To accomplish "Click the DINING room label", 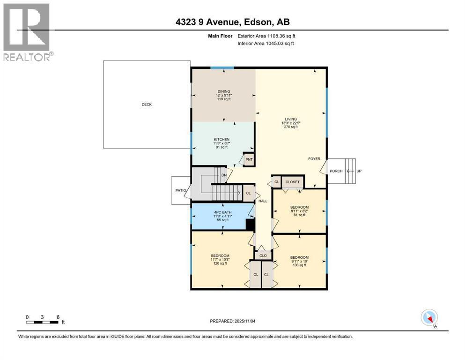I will [x=223, y=92].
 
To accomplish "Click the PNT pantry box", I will [x=249, y=159].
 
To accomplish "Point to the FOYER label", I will [x=314, y=159].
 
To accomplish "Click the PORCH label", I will [x=336, y=171].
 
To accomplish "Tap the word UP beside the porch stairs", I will [x=359, y=171].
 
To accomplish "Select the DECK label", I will [x=147, y=105].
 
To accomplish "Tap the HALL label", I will [x=263, y=201].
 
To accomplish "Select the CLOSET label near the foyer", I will [x=292, y=182].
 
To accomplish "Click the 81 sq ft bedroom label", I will [x=299, y=207].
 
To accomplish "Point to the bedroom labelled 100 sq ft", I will [x=299, y=257].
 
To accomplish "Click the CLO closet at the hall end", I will [x=263, y=256].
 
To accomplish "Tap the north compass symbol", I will [x=429, y=318].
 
